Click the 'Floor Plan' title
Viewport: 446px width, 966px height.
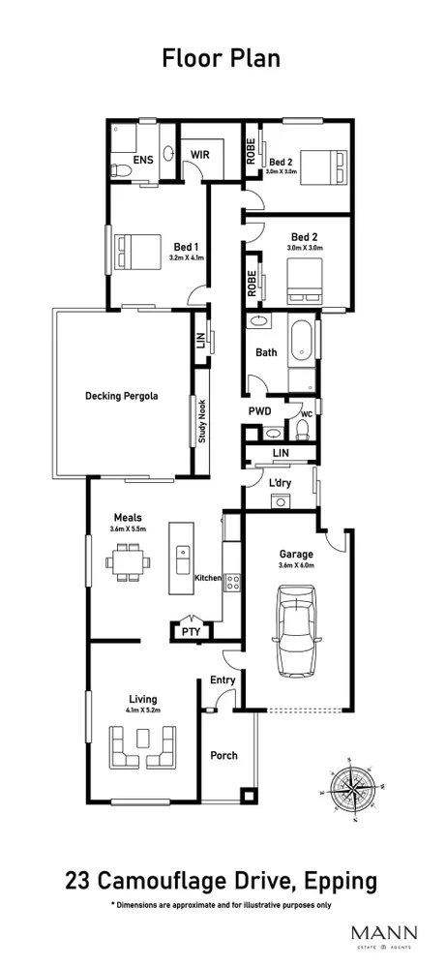click(222, 59)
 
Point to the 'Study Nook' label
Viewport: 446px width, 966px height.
click(202, 422)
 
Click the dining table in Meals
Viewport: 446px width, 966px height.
click(128, 562)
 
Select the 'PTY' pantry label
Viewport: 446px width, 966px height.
click(191, 632)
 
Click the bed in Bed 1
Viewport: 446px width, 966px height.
click(136, 253)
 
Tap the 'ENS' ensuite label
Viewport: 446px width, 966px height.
click(141, 161)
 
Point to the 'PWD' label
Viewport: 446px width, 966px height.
click(259, 411)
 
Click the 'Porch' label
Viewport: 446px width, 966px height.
click(223, 756)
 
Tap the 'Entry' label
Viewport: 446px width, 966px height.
click(223, 680)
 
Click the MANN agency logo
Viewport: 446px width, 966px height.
click(384, 935)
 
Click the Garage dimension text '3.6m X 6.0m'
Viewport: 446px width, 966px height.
click(297, 565)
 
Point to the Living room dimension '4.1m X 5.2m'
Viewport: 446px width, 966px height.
click(142, 710)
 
